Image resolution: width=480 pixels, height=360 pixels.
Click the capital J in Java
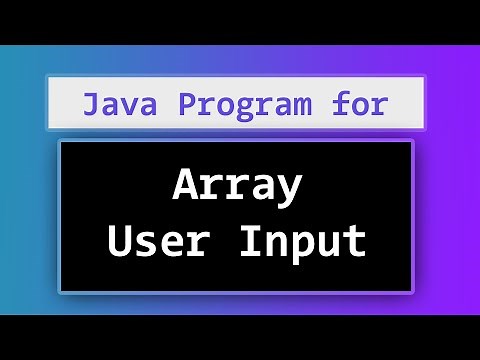(x=90, y=103)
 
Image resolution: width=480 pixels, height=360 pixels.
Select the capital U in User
(x=121, y=241)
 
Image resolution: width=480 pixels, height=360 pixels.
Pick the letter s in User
(x=147, y=243)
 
